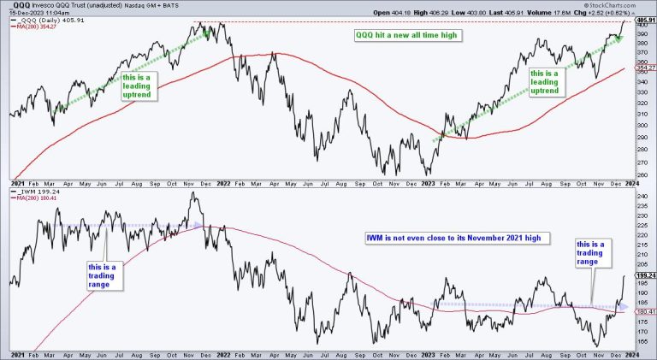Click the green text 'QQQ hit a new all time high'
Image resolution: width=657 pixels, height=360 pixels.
411,36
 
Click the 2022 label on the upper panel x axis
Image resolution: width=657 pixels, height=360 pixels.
224,182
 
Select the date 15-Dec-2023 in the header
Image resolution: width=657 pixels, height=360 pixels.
27,13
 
